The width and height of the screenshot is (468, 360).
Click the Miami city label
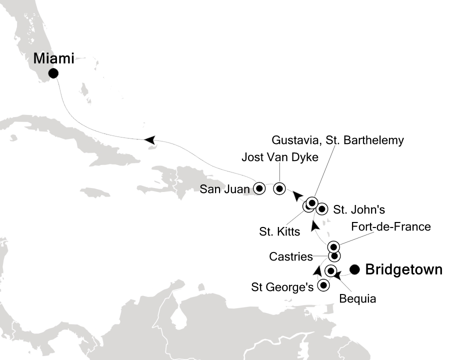[53, 58]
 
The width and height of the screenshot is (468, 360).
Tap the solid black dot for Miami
[53, 73]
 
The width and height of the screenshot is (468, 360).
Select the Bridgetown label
[404, 270]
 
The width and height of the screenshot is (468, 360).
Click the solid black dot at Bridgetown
[355, 269]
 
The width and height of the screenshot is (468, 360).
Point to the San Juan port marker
[259, 188]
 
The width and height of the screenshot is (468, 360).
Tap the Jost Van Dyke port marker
[279, 188]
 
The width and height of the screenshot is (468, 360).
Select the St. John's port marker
[322, 208]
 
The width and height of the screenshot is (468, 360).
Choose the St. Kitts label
[279, 231]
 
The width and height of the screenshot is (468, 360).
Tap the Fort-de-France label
[391, 227]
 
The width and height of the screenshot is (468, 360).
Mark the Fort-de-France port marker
[333, 246]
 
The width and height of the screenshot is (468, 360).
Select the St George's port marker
[323, 286]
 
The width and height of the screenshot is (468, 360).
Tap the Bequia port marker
[330, 271]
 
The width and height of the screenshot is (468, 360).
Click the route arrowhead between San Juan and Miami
[149, 140]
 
